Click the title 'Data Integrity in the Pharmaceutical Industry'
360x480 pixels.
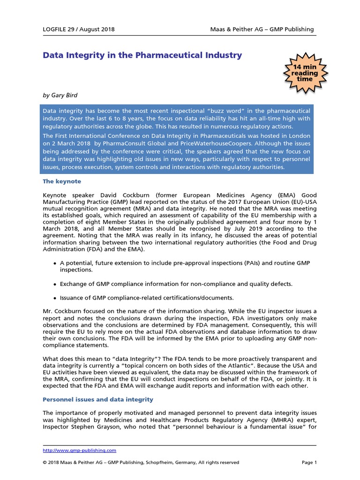pos(142,55)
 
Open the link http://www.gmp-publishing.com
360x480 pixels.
pos(79,450)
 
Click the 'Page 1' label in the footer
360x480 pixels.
pos(309,462)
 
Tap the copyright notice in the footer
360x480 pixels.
pos(141,462)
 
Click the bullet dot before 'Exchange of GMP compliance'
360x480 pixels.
pos(54,284)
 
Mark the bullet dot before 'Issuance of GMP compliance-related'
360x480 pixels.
pos(54,298)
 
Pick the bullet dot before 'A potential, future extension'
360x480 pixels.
pos(54,264)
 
